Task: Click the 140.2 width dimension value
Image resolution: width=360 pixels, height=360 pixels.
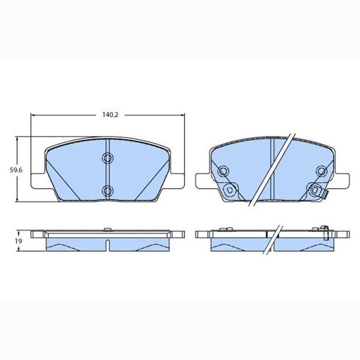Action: point(110,115)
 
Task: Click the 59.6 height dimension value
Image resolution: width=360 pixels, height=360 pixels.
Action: point(16,170)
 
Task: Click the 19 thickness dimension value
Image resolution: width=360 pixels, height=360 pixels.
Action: point(19,241)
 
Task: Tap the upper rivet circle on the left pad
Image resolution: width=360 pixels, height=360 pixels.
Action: point(107,158)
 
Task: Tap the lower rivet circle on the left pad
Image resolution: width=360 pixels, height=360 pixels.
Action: point(107,191)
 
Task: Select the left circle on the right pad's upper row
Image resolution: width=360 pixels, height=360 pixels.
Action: point(223,171)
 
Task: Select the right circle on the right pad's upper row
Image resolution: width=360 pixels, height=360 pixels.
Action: point(322,171)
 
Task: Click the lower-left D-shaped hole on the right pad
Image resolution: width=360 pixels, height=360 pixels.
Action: point(230,190)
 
